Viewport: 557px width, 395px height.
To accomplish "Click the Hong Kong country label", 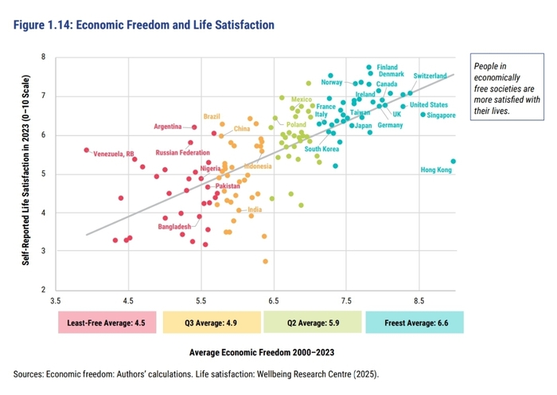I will (x=435, y=170).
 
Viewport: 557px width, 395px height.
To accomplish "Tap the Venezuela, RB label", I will (x=115, y=154).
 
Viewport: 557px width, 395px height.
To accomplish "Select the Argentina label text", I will (x=168, y=127).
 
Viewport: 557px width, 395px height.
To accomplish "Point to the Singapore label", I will (x=441, y=115).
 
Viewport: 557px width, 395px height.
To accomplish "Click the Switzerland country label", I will (x=430, y=76).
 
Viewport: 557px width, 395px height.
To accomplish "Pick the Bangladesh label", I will (x=174, y=227).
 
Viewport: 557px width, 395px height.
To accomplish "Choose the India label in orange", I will (x=255, y=210).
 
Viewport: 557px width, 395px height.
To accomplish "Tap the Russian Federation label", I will (x=182, y=152).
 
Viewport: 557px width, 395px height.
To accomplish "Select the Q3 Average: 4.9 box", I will (x=211, y=322).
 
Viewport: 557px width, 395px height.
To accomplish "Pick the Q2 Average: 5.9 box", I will (x=314, y=322).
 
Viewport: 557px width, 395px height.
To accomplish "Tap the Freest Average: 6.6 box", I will (x=415, y=322).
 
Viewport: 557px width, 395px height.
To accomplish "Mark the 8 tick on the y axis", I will (x=44, y=57).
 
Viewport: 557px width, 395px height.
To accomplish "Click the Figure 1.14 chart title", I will (x=144, y=25).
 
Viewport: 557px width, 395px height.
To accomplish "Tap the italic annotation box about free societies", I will (x=507, y=88).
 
